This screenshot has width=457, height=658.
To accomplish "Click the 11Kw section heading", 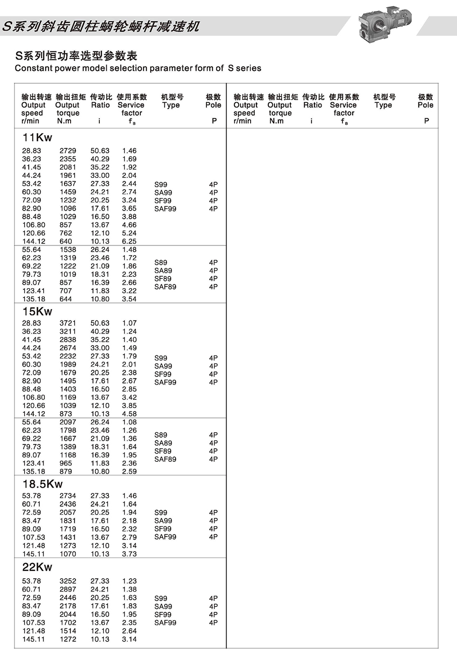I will tap(37, 138).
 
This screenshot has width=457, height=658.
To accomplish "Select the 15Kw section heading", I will tap(37, 311).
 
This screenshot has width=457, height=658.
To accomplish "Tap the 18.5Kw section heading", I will tap(42, 484).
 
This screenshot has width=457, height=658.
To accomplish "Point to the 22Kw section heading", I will tap(37, 567).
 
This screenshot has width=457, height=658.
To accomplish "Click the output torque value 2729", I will tap(68, 151).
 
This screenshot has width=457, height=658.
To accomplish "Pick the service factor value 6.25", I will tap(129, 242).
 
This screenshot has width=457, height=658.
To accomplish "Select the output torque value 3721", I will tap(68, 323).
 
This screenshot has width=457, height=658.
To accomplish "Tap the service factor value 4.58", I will tap(129, 414).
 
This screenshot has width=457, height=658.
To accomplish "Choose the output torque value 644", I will tap(66, 299).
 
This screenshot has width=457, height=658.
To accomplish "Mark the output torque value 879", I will tap(66, 471).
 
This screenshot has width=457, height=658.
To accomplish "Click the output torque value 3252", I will tap(68, 581).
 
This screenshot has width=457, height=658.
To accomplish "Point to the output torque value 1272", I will tap(68, 639).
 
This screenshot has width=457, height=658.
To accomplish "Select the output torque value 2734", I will tap(68, 496).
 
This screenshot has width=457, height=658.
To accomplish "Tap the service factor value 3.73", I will tap(129, 554).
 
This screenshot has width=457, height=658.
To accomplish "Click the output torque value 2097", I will tap(68, 422).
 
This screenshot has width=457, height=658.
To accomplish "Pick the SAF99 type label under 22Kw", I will tap(165, 623).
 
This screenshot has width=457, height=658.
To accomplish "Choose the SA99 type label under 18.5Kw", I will tap(163, 521).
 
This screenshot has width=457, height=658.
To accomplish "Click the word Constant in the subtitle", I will tap(31, 68).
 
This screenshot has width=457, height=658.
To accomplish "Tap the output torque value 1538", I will tap(68, 250).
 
